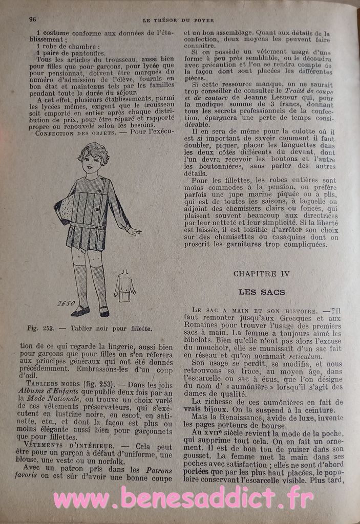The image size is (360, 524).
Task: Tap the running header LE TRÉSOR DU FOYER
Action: pos(177,20)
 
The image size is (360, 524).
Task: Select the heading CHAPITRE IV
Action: pos(261,274)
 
